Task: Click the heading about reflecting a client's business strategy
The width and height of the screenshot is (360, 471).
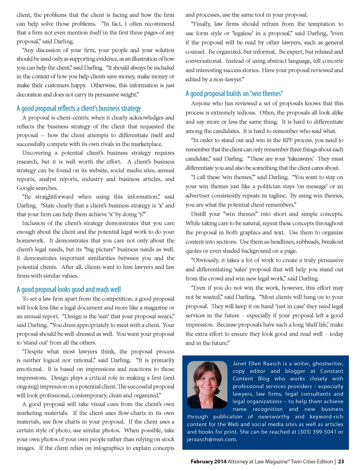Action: [x=79, y=108]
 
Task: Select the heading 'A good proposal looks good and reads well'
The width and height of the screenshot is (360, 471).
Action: [x=69, y=289]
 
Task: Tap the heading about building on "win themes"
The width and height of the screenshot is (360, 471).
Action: [x=234, y=93]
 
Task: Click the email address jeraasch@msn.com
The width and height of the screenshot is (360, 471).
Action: [x=211, y=439]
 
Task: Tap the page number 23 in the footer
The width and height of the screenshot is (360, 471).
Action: [x=341, y=462]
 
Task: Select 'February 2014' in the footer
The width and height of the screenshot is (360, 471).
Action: [x=208, y=462]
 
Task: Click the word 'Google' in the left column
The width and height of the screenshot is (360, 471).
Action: [x=26, y=188]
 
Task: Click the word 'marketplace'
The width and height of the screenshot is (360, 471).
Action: [x=145, y=144]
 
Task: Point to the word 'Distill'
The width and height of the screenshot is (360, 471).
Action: [x=198, y=214]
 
